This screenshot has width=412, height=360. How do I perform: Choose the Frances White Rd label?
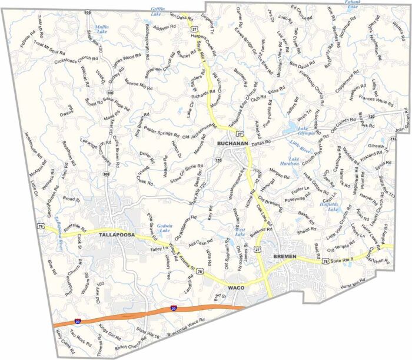tap(375, 97)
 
